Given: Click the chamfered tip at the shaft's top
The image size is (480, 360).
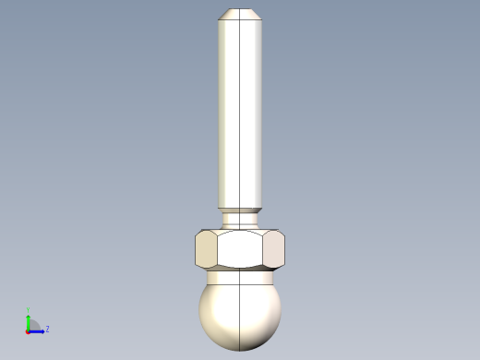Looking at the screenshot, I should (x=240, y=14).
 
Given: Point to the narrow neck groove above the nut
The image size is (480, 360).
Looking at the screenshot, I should (x=240, y=218).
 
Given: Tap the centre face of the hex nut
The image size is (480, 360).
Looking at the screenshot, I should (x=240, y=249).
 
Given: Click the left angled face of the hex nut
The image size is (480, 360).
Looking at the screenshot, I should (x=206, y=249).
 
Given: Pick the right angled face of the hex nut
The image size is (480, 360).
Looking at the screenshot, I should (x=274, y=249).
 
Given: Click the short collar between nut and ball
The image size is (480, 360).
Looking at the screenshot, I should (x=240, y=275).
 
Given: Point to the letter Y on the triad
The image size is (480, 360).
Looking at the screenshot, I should (x=28, y=311).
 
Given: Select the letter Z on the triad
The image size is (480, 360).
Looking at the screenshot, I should (x=47, y=329).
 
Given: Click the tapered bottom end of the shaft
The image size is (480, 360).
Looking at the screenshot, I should (x=240, y=208).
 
